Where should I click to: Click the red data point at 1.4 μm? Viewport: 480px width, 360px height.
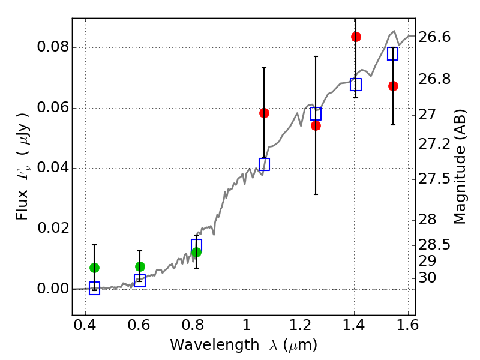[x=356, y=37]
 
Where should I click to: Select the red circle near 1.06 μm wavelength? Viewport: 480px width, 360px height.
[x=264, y=113]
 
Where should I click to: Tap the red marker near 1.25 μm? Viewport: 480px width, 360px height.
[x=316, y=125]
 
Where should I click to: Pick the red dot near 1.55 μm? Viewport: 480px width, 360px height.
[x=393, y=86]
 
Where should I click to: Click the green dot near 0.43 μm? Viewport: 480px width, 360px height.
[x=94, y=268]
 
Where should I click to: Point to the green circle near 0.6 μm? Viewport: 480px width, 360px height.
[x=140, y=266]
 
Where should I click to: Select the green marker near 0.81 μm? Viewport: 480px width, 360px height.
[x=196, y=252]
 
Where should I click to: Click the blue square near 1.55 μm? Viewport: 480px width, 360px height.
[x=392, y=53]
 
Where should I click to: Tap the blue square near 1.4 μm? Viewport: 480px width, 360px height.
[x=356, y=85]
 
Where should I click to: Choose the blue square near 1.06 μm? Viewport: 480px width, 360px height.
[x=264, y=164]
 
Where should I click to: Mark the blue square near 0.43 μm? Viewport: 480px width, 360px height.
[x=94, y=289]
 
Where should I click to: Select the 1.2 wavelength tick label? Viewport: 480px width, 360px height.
[x=301, y=325]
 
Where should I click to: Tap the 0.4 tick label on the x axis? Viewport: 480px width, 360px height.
[x=85, y=325]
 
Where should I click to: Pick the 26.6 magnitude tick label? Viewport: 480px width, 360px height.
[x=434, y=37]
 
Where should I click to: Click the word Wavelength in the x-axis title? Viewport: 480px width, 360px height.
[x=215, y=345]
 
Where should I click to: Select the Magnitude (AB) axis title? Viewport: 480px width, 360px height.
[x=460, y=167]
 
